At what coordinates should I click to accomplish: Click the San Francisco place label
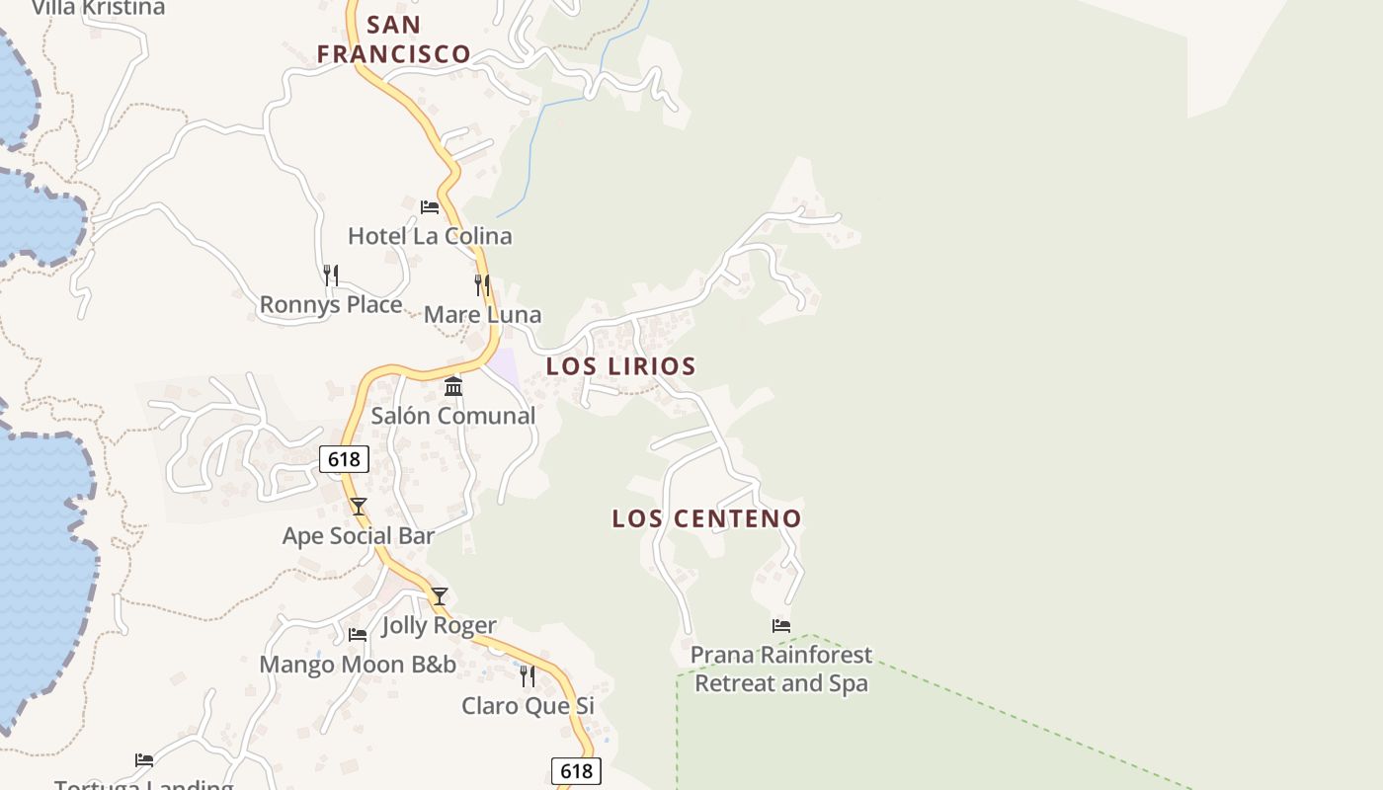[394, 39]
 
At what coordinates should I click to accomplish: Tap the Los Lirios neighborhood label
[621, 366]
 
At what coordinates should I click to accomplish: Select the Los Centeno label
[706, 518]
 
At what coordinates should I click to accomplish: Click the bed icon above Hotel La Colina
[430, 207]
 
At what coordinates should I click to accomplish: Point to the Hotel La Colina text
[430, 236]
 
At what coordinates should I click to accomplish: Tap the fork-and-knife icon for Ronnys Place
[331, 275]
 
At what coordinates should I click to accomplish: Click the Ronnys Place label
[331, 305]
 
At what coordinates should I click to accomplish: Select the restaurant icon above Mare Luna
[482, 285]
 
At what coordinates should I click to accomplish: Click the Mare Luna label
[482, 315]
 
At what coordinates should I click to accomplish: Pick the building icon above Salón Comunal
[453, 386]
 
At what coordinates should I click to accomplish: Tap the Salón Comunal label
[453, 416]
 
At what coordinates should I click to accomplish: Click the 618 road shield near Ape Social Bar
[344, 459]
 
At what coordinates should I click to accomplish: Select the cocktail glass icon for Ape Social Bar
[359, 507]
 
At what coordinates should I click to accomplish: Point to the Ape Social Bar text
[359, 536]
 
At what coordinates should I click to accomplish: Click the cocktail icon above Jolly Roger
[440, 596]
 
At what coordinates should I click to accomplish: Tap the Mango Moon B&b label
[358, 665]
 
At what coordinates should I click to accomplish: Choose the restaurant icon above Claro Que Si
[529, 676]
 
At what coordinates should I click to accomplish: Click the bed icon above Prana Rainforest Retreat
[781, 626]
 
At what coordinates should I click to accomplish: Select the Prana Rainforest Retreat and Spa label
[781, 669]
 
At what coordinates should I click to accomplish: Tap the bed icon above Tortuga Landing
[144, 760]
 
